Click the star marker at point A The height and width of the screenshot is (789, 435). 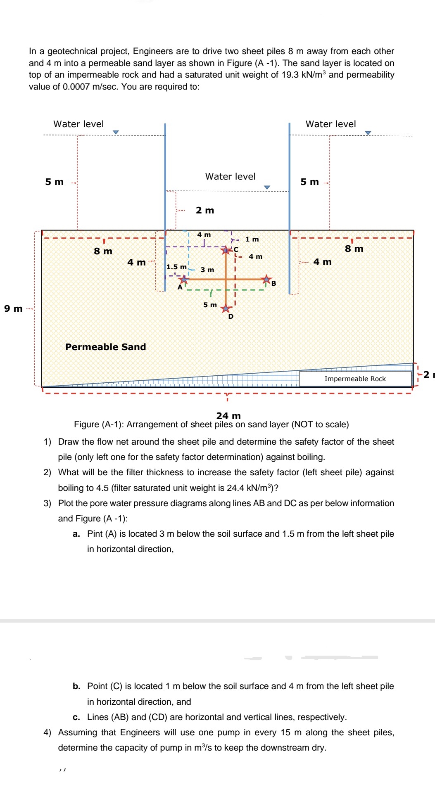[x=184, y=280]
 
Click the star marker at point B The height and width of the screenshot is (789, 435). [x=267, y=279]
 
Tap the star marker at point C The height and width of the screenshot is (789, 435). [x=226, y=250]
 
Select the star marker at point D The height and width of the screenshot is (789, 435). [x=226, y=308]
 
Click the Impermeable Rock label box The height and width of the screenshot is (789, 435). [x=355, y=379]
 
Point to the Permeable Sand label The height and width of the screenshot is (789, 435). [x=106, y=347]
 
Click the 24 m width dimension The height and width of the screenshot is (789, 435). [x=228, y=415]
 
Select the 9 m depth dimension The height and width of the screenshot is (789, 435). [x=13, y=308]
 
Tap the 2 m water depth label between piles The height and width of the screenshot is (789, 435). [x=205, y=210]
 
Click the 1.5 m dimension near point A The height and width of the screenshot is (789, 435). [x=176, y=267]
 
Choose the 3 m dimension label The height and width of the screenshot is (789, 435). [x=207, y=270]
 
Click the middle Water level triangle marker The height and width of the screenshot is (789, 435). [x=267, y=187]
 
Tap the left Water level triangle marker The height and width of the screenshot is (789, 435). [x=116, y=132]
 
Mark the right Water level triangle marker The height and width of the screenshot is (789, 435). [x=368, y=133]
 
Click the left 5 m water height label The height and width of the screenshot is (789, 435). [x=55, y=182]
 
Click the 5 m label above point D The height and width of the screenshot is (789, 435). [x=210, y=305]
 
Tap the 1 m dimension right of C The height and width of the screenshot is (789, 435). [x=252, y=239]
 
